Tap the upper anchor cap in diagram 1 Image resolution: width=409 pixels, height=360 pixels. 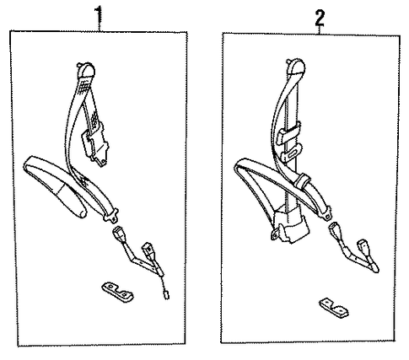(x=86, y=70)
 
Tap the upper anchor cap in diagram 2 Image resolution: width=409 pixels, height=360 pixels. (x=296, y=67)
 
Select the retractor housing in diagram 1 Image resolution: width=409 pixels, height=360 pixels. (x=95, y=145)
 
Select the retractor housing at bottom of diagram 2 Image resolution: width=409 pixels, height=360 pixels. (x=289, y=223)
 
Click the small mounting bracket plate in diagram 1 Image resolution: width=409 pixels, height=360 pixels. (x=117, y=291)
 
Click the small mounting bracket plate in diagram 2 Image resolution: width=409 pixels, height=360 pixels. (x=334, y=308)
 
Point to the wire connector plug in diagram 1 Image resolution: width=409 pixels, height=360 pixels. (x=167, y=295)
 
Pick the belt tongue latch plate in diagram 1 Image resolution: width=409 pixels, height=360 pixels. (x=111, y=215)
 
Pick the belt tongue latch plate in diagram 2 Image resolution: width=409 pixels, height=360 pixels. (x=326, y=212)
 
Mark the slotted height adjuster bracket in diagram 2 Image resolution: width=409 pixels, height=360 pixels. (x=291, y=153)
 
